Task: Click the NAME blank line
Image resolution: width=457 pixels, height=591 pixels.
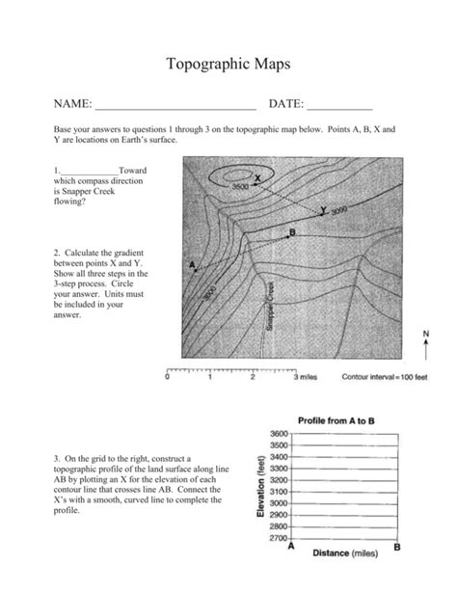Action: [175, 104]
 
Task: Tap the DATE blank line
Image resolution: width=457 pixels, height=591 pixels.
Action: [339, 104]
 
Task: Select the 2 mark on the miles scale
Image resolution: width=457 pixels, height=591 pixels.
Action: [252, 377]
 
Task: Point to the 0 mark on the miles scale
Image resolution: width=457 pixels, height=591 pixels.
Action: [168, 377]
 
